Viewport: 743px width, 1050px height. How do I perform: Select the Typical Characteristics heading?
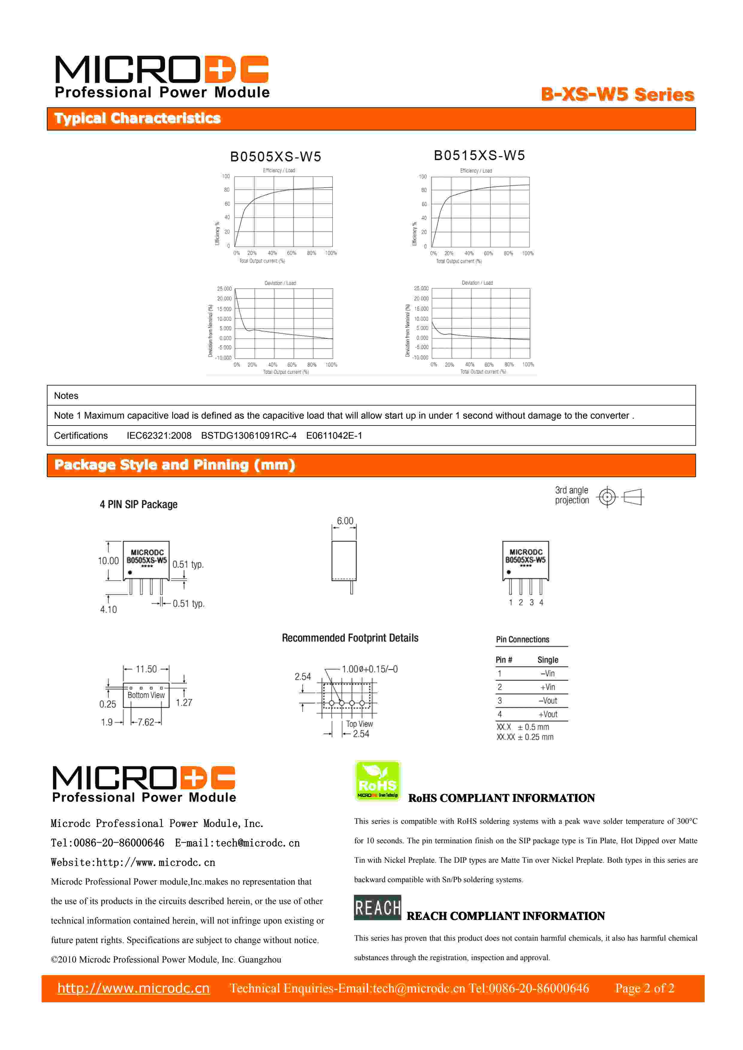click(x=137, y=118)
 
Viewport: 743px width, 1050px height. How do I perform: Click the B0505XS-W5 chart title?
click(x=275, y=157)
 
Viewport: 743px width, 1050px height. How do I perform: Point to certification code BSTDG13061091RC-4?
click(x=248, y=435)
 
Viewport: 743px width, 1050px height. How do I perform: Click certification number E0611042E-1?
click(x=334, y=435)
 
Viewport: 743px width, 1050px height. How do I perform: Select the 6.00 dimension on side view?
click(x=345, y=521)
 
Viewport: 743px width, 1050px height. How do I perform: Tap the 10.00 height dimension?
click(x=108, y=561)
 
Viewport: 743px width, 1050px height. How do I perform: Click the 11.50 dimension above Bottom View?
click(x=146, y=669)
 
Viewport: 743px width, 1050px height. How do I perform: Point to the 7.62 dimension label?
click(x=146, y=722)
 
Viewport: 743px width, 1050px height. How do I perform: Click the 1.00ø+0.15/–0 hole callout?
click(x=370, y=669)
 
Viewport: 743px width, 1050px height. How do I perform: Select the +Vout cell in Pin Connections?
click(x=548, y=714)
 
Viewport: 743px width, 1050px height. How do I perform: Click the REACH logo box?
click(x=377, y=907)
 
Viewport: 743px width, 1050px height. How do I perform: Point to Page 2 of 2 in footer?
click(x=644, y=988)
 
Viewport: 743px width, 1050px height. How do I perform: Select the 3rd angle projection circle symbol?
click(x=607, y=497)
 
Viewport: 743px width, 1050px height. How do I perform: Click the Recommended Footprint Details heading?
click(x=350, y=638)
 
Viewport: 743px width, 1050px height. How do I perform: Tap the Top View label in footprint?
click(x=359, y=724)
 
